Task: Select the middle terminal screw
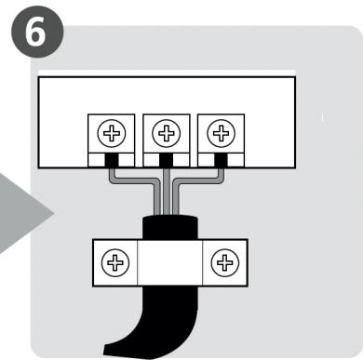(167, 135)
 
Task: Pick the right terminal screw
(220, 135)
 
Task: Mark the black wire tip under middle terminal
(167, 161)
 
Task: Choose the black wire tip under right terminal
(221, 160)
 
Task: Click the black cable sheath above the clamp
(168, 227)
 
